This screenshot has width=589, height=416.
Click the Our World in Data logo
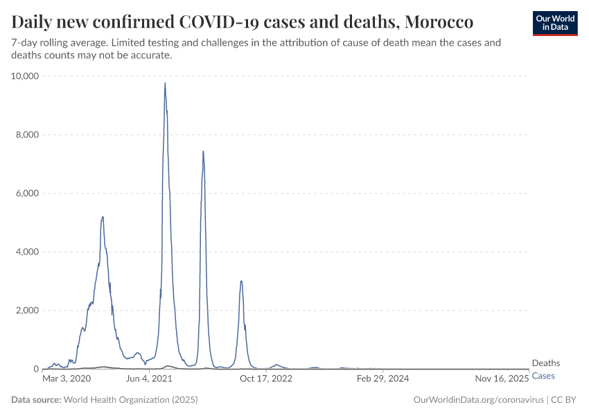tap(554, 23)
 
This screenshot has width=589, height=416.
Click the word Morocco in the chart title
tap(439, 22)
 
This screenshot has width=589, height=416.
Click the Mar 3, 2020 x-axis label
tap(67, 379)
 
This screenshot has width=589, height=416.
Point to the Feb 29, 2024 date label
tap(383, 379)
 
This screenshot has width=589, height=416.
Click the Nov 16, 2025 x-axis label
tap(502, 379)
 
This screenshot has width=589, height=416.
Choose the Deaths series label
tap(545, 363)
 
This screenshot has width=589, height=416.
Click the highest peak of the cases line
tap(165, 83)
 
